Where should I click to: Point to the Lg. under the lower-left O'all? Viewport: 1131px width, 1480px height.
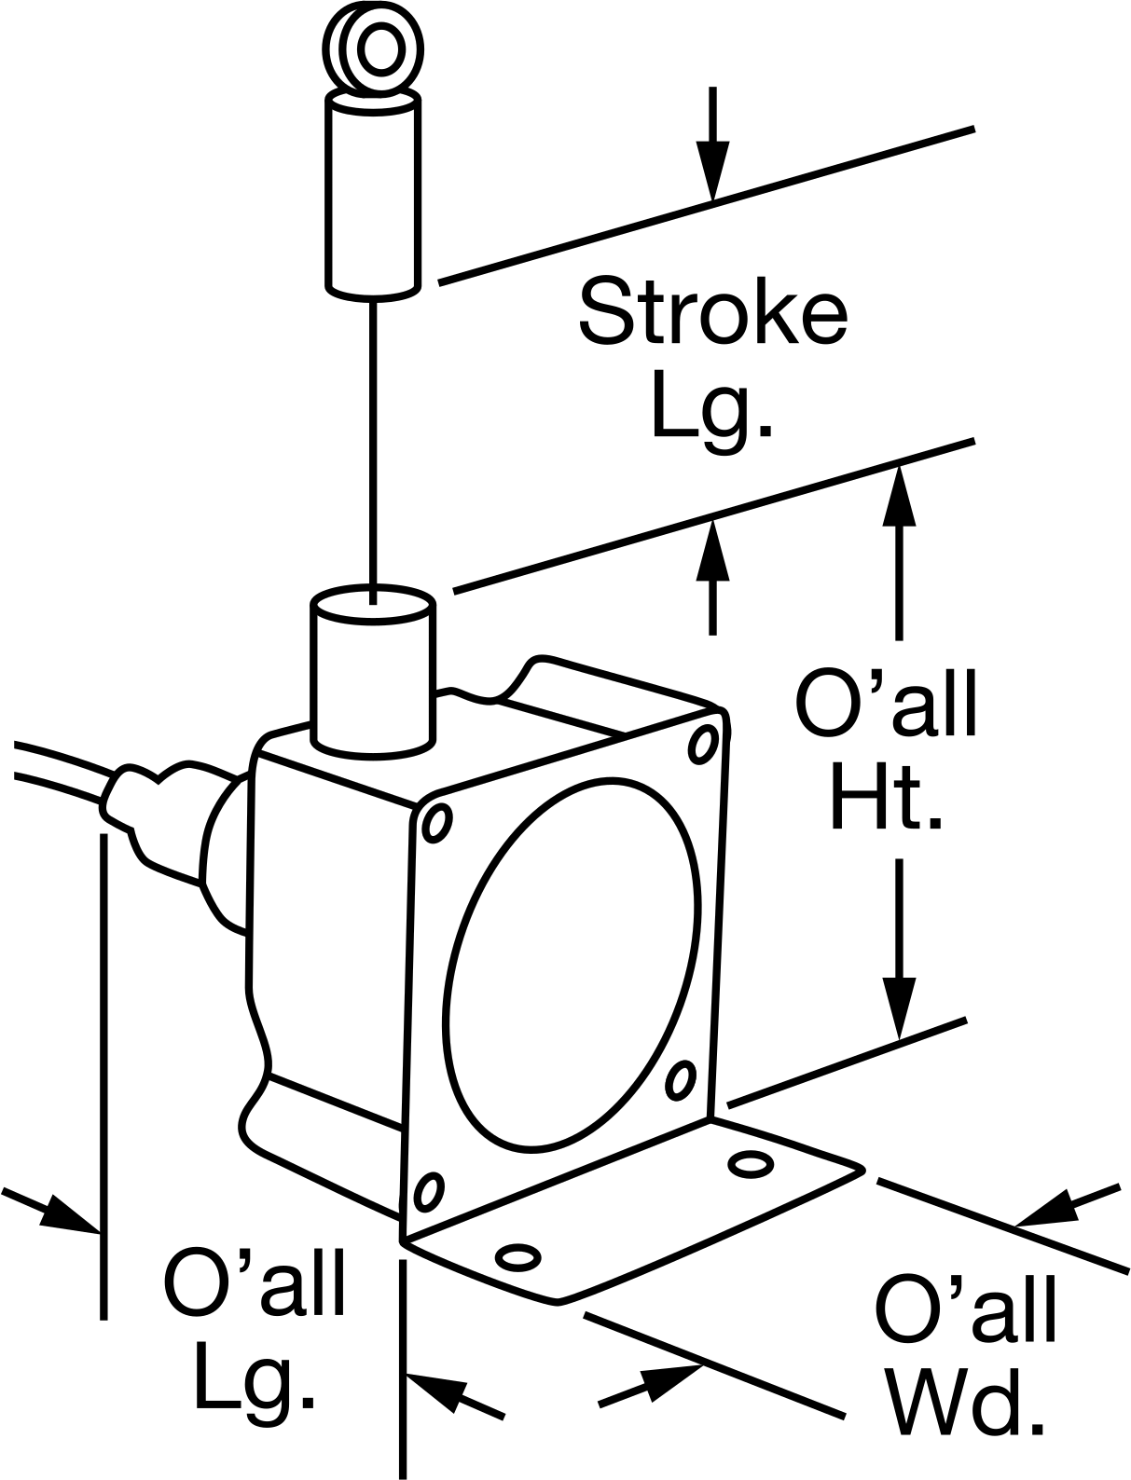[255, 1385]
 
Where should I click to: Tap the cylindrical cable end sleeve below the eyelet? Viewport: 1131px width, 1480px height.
[373, 196]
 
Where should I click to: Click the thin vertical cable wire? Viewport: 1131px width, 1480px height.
[373, 452]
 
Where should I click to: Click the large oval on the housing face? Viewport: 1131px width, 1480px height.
[571, 965]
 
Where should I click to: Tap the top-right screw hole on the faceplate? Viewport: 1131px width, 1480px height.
[703, 745]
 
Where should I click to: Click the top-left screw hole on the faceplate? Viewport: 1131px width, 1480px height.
[435, 823]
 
